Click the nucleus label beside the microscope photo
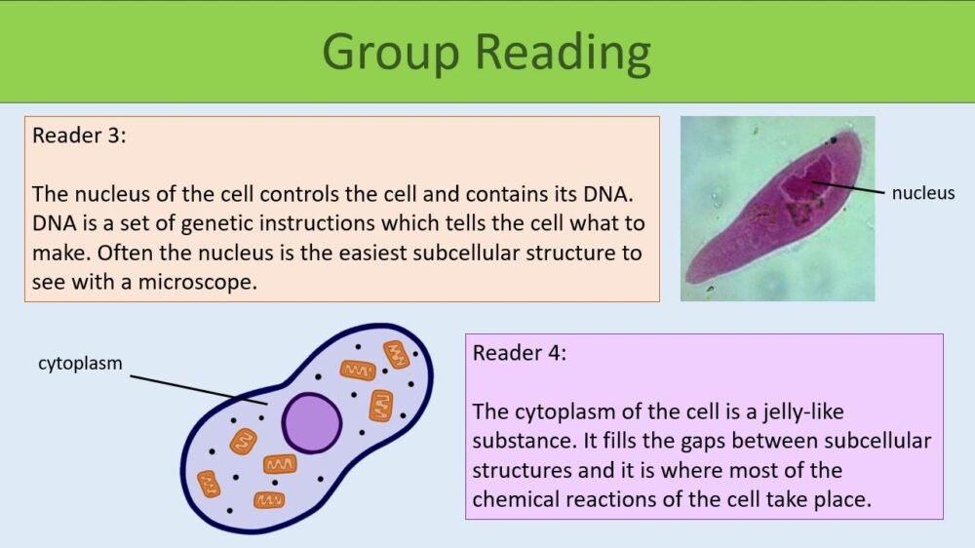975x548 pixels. click(x=923, y=193)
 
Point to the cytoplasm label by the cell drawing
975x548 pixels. click(x=80, y=364)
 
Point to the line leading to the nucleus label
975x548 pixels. click(x=848, y=188)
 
